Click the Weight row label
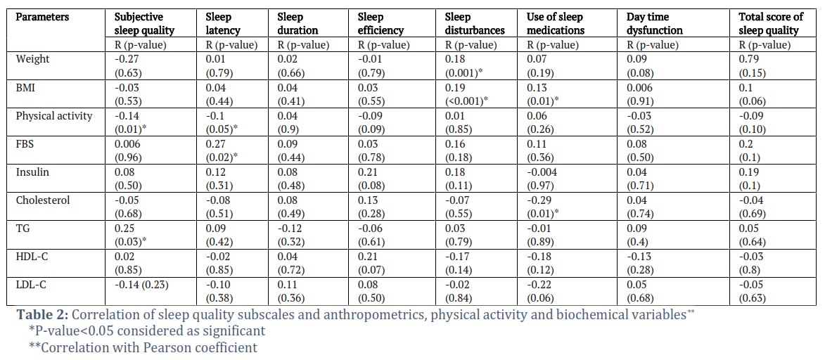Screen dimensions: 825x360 coord(32,58)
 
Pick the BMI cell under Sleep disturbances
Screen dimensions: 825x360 coord(463,93)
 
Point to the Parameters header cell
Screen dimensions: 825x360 coord(43,17)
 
